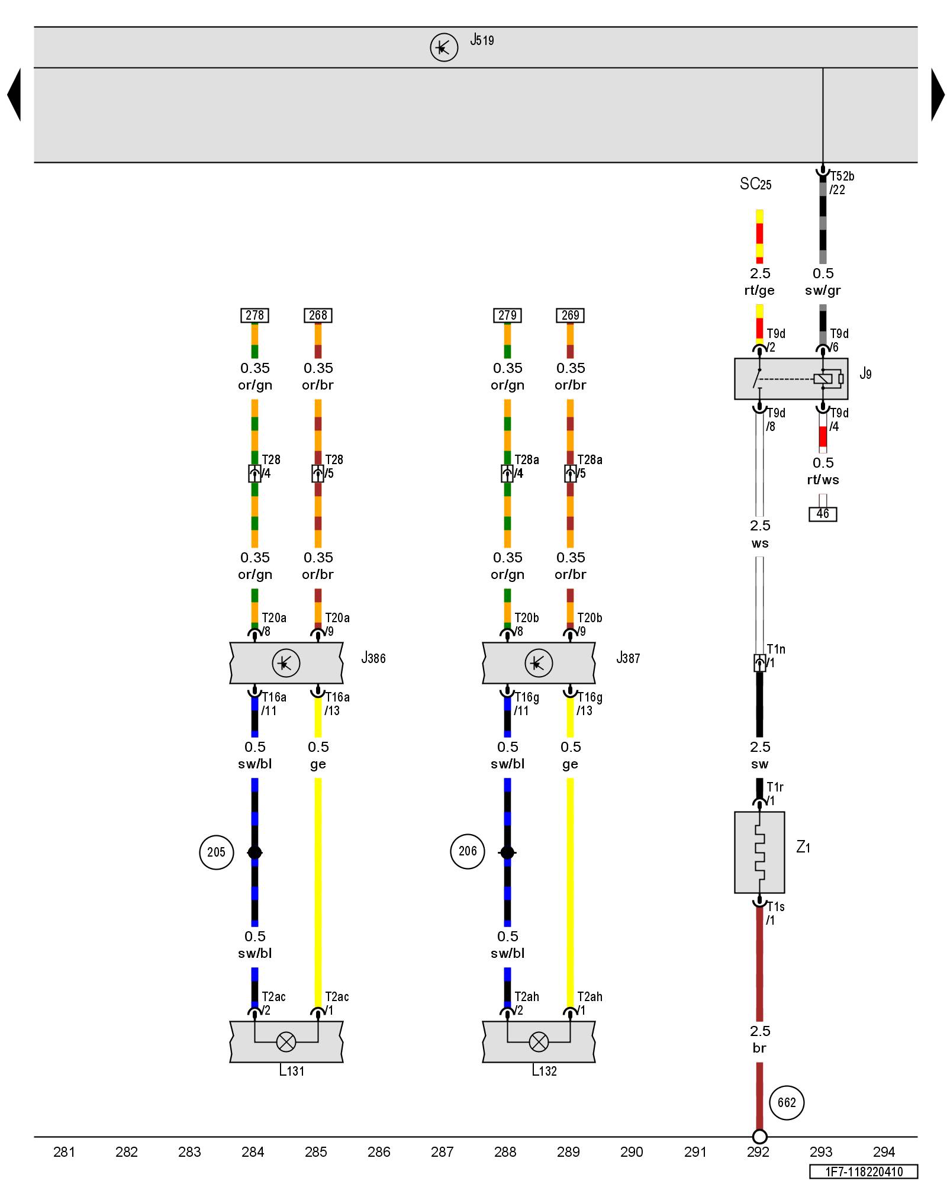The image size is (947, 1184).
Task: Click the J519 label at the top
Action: point(482,40)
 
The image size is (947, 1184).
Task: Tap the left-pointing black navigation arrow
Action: point(15,95)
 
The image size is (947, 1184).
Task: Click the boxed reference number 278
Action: point(255,316)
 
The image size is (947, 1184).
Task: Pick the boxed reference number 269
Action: point(570,316)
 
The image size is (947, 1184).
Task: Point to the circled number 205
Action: point(216,852)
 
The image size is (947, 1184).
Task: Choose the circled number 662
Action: point(787,1102)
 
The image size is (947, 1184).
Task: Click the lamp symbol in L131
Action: point(286,1042)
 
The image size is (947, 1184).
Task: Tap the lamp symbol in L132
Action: point(539,1042)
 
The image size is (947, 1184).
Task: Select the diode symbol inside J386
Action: point(286,663)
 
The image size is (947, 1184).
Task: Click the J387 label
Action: point(628,658)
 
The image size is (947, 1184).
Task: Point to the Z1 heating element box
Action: point(759,852)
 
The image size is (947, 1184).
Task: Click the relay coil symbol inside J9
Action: point(823,379)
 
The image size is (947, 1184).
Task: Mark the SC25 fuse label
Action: point(756,184)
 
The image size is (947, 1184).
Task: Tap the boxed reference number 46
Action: point(823,514)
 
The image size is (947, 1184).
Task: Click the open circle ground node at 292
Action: point(759,1137)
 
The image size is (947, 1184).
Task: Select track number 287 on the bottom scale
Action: point(442,1151)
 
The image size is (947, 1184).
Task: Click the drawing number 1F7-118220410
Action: point(864,1172)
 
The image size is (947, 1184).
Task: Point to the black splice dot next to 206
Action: point(507,852)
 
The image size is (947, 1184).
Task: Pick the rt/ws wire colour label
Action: point(823,480)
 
